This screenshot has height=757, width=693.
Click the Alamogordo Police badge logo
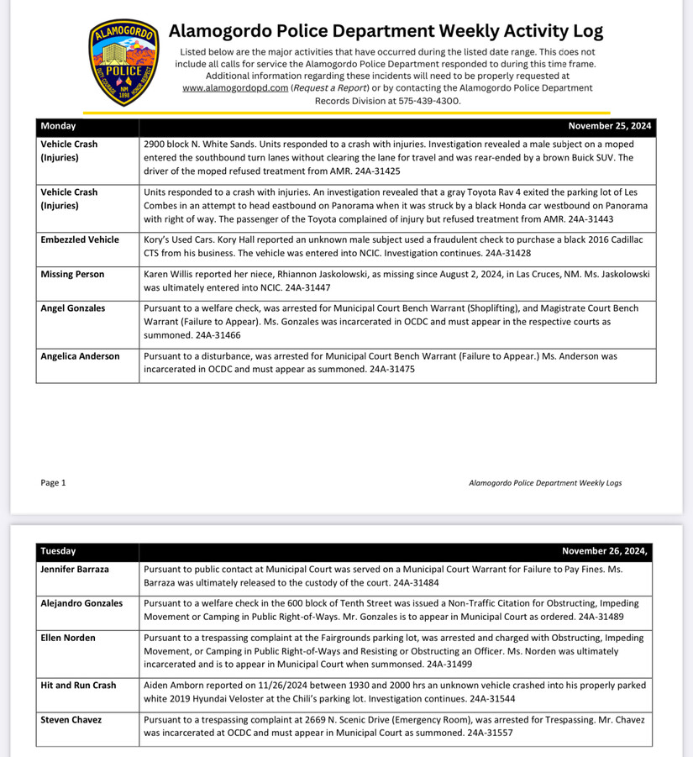[123, 63]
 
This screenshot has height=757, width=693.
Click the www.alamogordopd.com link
[234, 87]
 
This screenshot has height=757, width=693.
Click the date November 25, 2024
[609, 126]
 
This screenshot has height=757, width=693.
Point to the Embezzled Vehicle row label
[80, 239]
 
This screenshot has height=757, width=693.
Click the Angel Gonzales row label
[73, 308]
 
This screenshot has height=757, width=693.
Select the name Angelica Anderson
[80, 356]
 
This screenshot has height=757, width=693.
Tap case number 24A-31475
[386, 369]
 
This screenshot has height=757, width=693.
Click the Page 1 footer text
[53, 483]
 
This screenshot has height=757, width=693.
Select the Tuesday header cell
[58, 551]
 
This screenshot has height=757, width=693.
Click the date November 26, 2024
[605, 551]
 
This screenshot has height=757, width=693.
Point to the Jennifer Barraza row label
[75, 569]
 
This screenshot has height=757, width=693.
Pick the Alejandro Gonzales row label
[81, 603]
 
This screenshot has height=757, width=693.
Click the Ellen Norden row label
[68, 638]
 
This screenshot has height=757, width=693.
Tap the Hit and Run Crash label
[78, 686]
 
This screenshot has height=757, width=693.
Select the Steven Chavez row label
[71, 720]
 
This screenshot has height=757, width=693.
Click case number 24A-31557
[485, 733]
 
